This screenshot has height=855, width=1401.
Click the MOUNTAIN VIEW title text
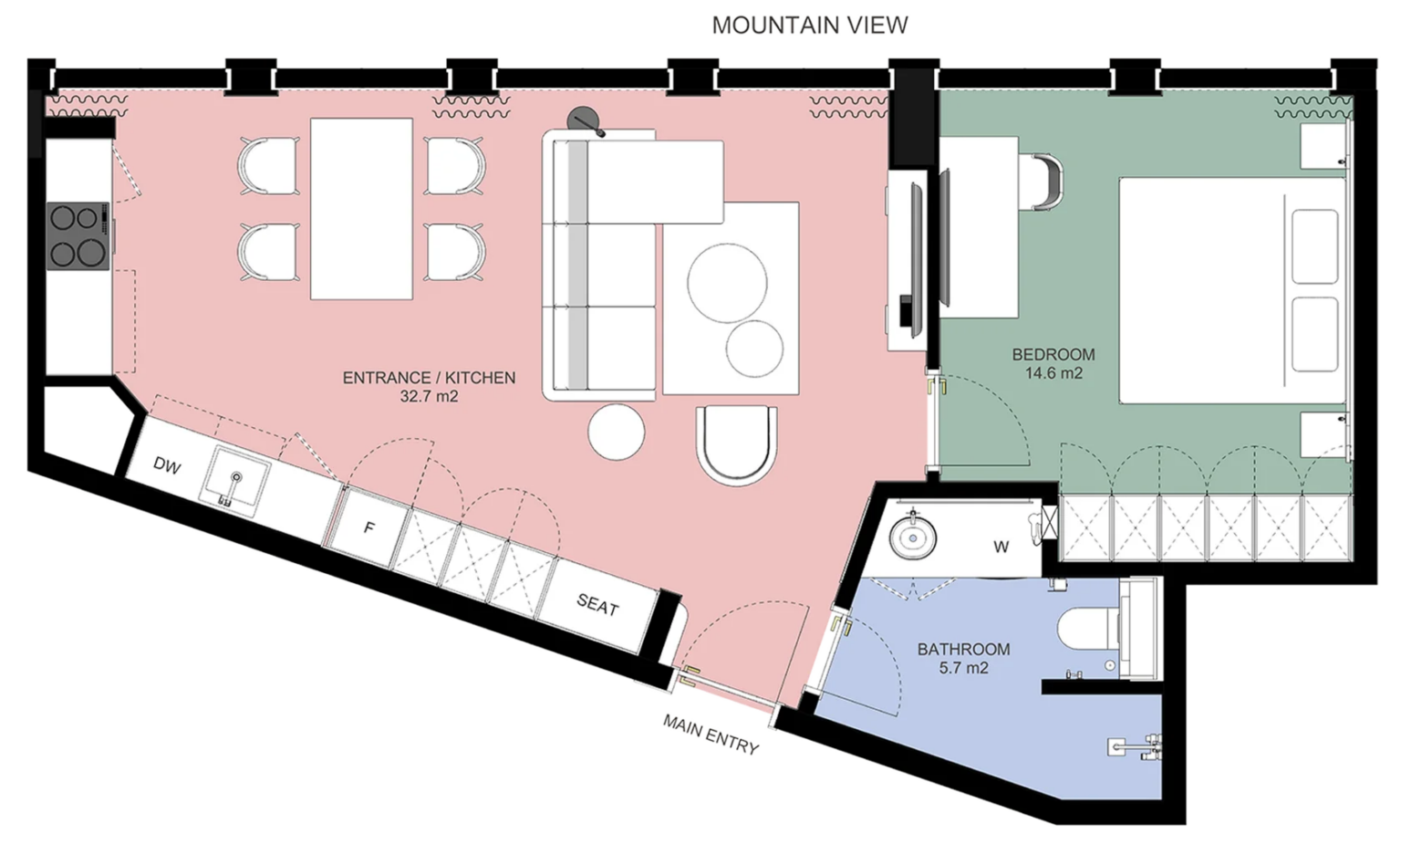tap(809, 25)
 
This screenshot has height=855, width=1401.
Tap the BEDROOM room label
tap(1053, 354)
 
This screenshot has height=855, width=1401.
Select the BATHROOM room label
tap(963, 649)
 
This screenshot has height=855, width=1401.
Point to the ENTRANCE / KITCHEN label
tap(429, 378)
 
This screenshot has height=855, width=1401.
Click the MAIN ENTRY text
tap(711, 734)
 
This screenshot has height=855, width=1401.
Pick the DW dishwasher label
tap(167, 465)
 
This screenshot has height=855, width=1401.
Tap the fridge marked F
tap(369, 528)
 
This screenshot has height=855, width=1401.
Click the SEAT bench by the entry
tap(597, 605)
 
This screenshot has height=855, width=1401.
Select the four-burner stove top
tap(78, 236)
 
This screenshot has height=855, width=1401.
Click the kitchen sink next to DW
tap(234, 481)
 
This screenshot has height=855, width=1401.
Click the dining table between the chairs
tap(361, 209)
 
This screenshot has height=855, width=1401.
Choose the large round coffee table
tap(727, 283)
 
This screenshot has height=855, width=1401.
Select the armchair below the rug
tap(737, 445)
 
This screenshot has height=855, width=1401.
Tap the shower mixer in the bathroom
tap(1136, 746)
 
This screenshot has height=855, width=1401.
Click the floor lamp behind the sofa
tap(585, 120)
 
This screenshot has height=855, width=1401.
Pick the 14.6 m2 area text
tap(1053, 374)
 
